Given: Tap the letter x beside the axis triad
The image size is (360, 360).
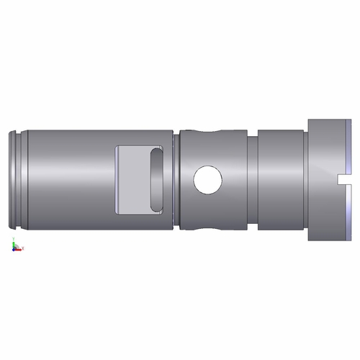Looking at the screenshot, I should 24,248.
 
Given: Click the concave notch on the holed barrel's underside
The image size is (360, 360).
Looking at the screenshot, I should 208,225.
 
